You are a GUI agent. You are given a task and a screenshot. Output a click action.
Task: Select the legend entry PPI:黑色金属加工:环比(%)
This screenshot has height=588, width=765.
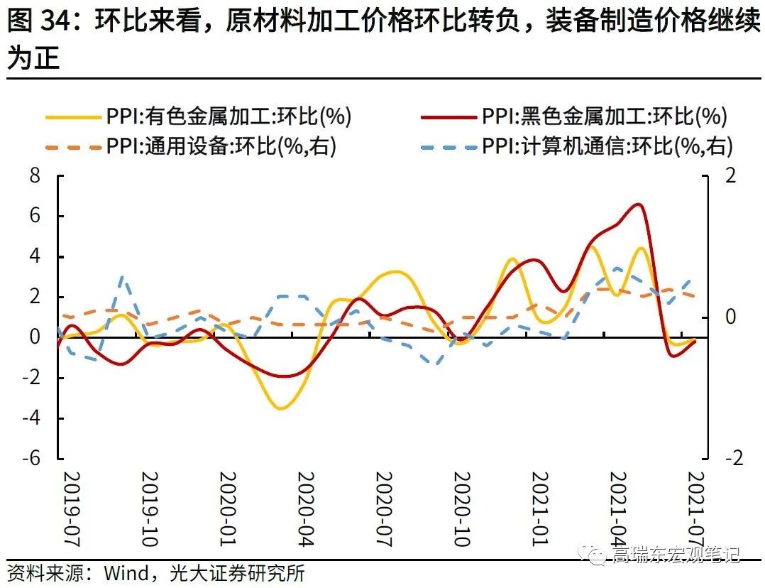point(604,116)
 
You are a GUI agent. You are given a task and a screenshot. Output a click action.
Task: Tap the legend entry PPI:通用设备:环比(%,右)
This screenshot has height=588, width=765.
point(221,146)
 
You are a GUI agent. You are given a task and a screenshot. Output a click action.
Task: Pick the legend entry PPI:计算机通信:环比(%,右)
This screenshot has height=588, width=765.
point(607,146)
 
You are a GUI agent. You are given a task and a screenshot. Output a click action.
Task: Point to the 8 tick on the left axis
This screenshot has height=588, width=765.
point(34,176)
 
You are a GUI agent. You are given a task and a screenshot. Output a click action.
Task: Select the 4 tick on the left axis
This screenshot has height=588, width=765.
point(34,256)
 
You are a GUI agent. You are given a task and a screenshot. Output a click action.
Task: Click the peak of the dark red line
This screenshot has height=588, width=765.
point(638,205)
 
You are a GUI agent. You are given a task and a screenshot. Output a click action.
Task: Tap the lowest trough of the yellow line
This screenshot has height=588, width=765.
point(281,408)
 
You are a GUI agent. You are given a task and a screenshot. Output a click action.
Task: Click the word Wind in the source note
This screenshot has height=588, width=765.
point(126,572)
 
